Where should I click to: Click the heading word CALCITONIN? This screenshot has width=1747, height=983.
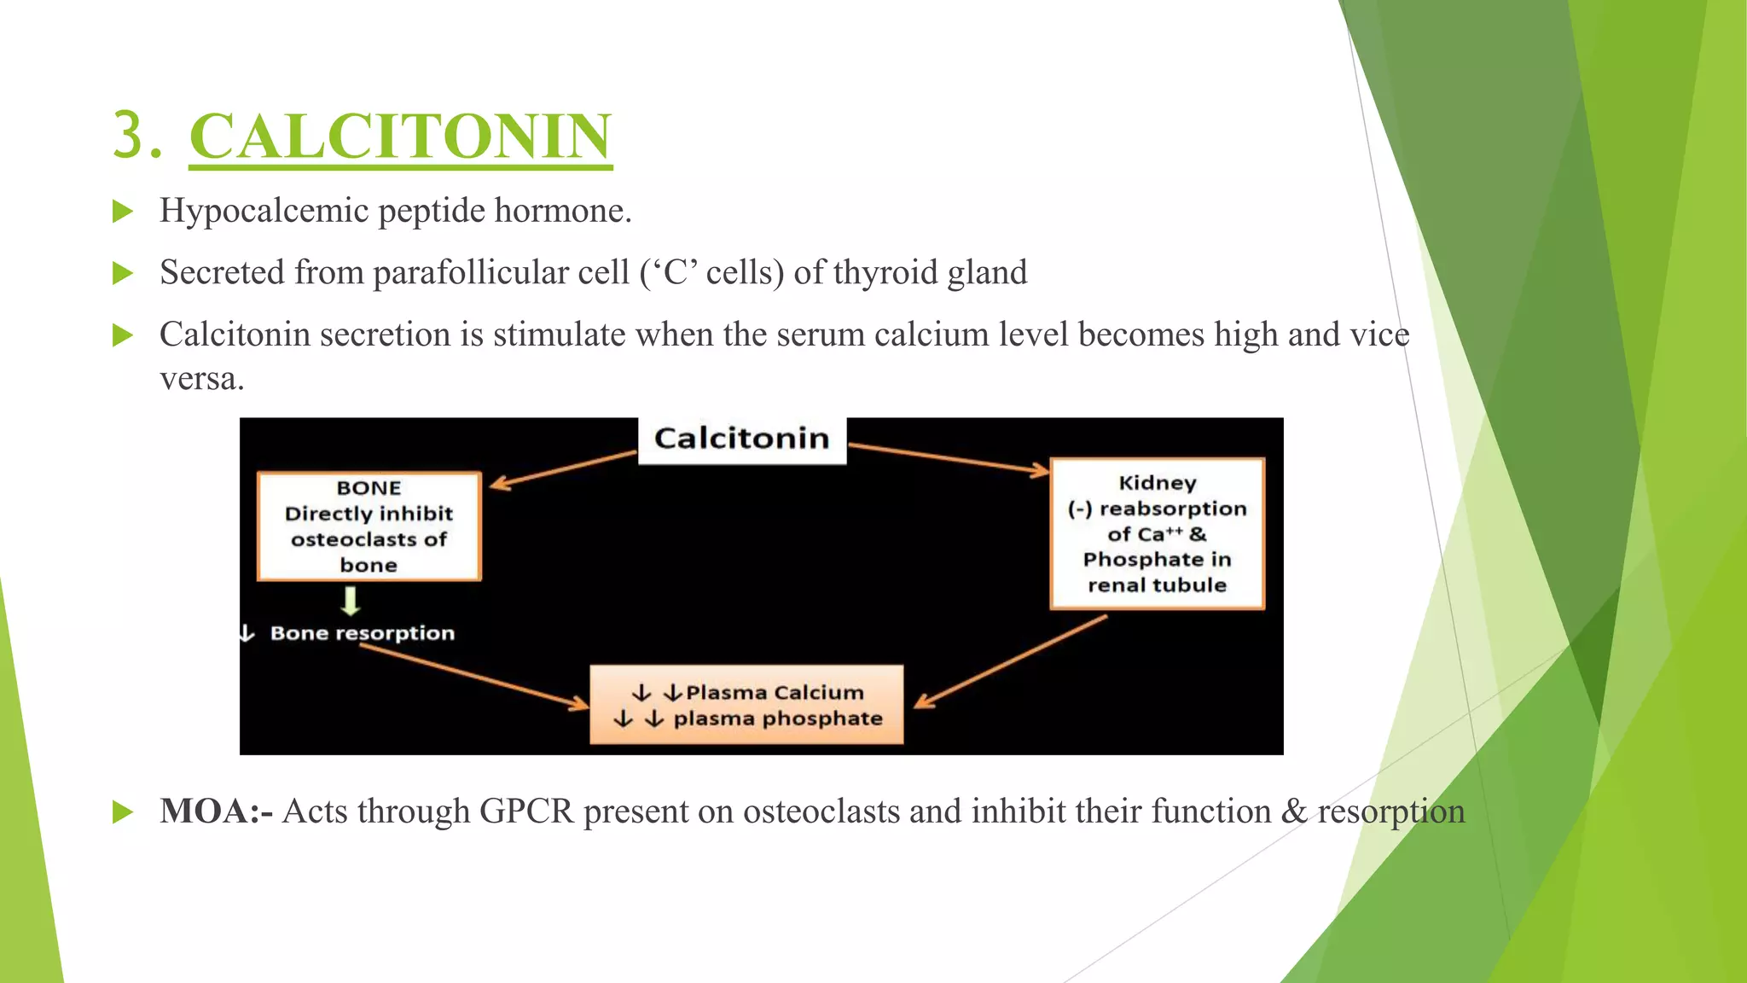(x=400, y=137)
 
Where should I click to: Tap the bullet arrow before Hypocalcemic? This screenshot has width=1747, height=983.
(x=123, y=212)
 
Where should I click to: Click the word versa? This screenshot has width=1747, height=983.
(x=201, y=378)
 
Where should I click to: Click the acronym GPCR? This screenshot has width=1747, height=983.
(x=526, y=811)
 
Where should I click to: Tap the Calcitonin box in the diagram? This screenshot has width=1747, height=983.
(x=741, y=439)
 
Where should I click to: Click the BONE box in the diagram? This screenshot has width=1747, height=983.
(x=369, y=526)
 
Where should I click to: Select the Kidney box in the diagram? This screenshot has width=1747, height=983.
(x=1157, y=534)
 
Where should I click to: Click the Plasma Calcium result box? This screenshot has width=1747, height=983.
(x=746, y=705)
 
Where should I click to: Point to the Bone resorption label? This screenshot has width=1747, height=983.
(x=362, y=633)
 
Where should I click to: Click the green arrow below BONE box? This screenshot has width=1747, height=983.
(x=351, y=601)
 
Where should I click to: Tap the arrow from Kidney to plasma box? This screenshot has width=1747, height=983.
(x=1012, y=661)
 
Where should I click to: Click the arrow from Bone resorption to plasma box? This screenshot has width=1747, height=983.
(x=474, y=676)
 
